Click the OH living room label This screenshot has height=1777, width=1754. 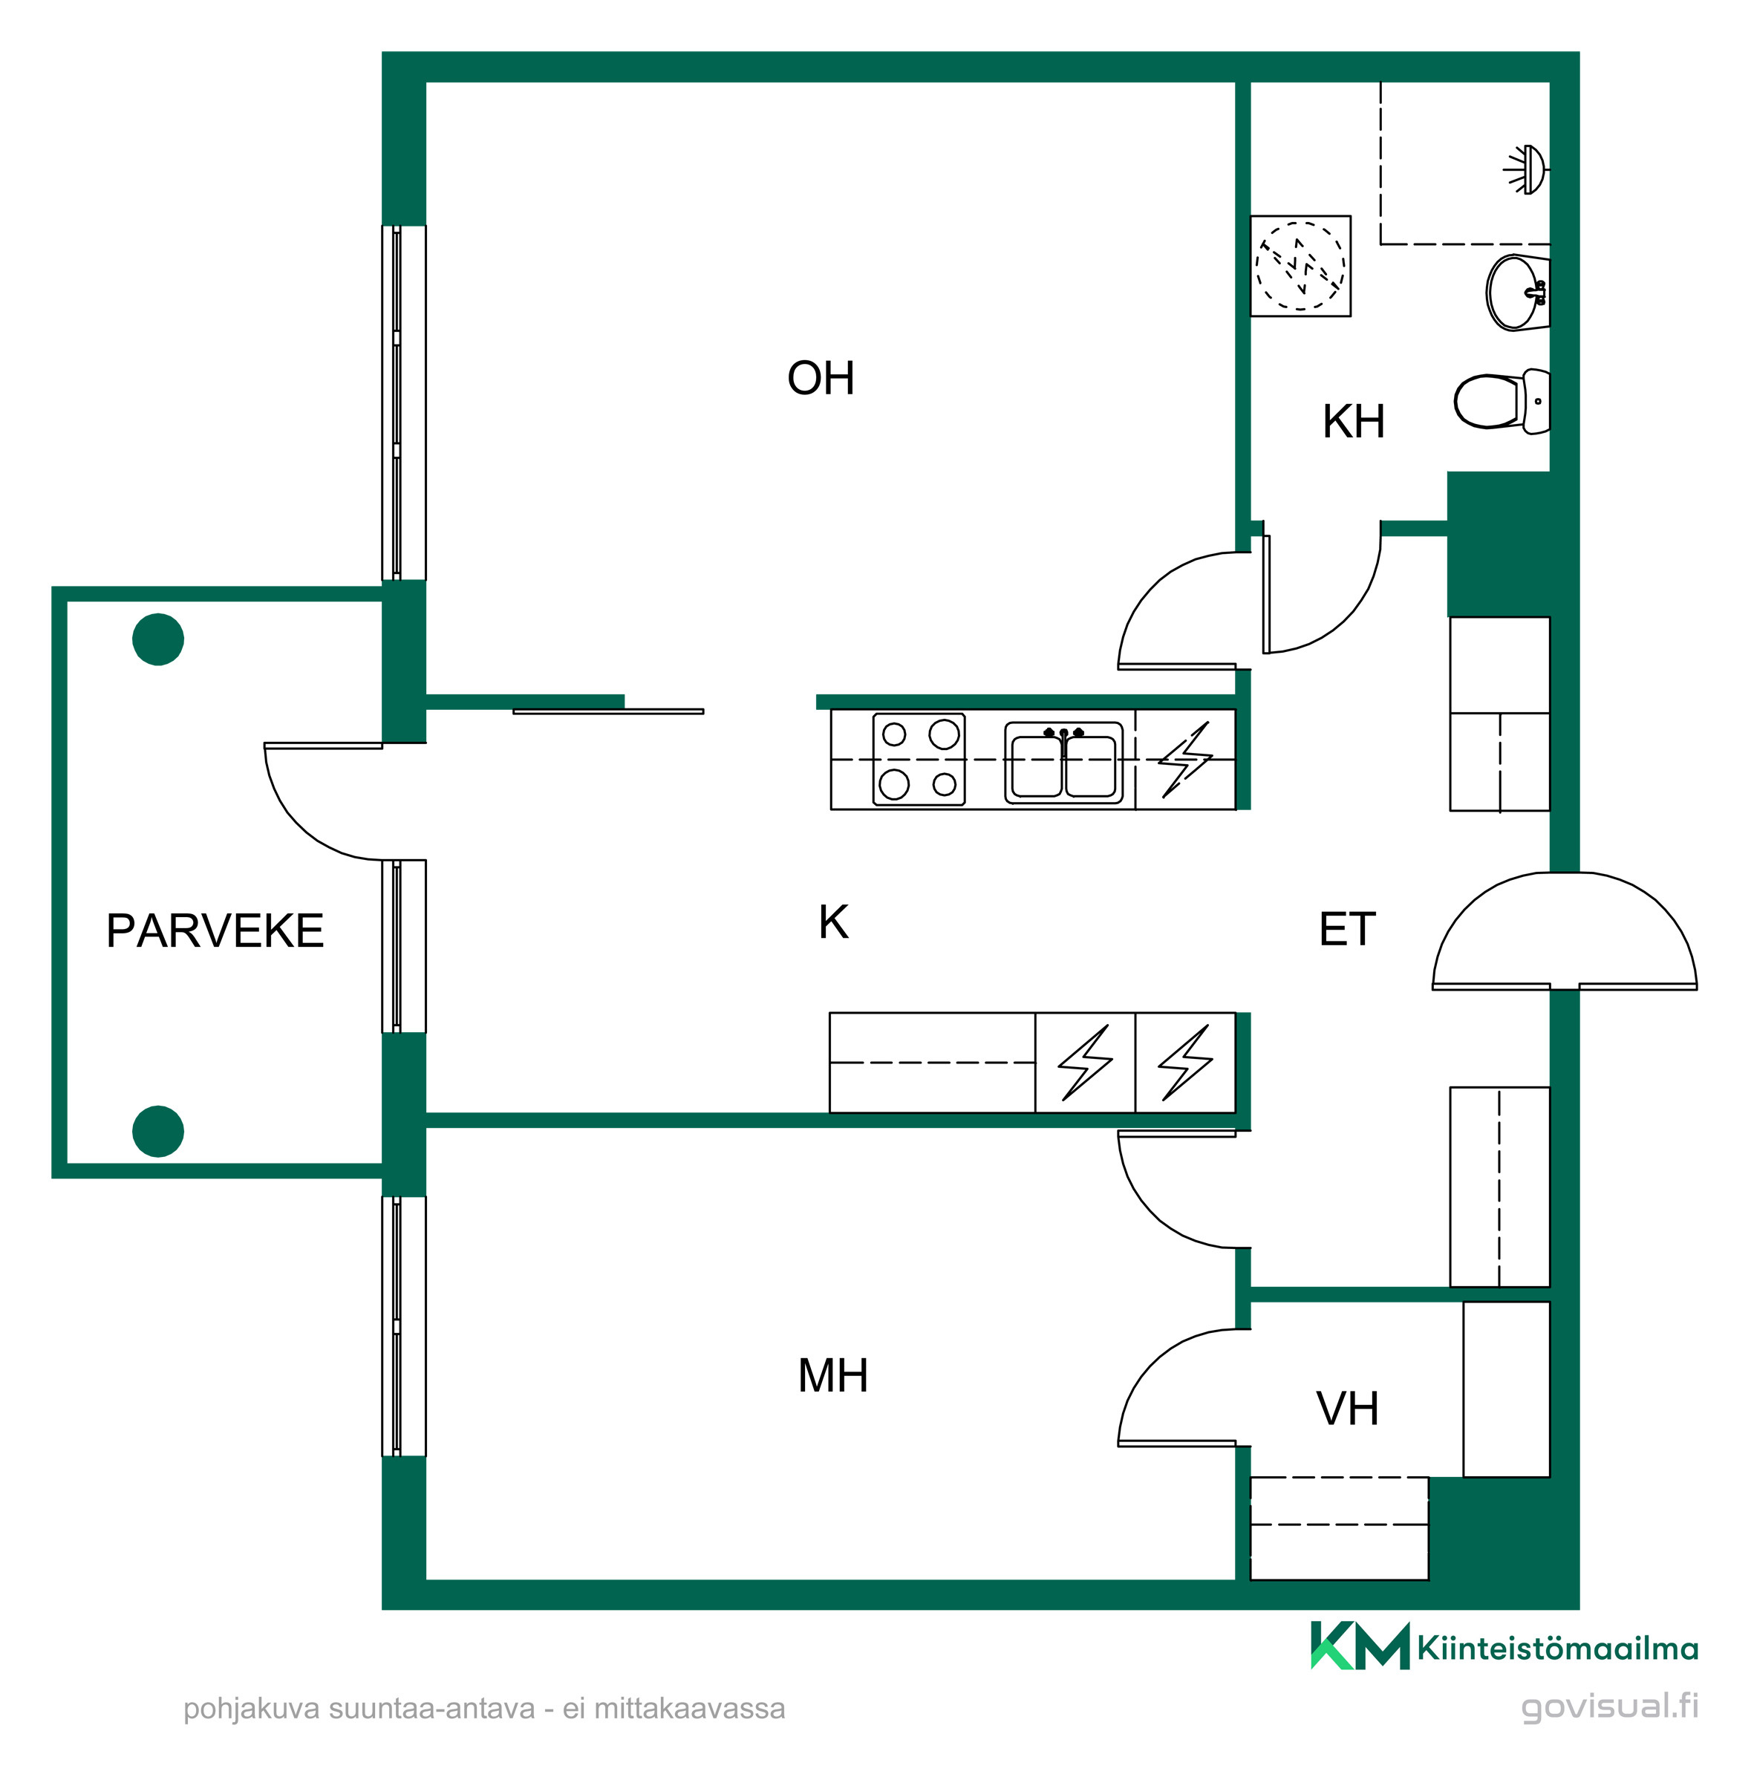pyautogui.click(x=820, y=378)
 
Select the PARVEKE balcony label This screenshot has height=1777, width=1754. pyautogui.click(x=215, y=930)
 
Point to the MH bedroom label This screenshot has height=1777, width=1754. pyautogui.click(x=832, y=1376)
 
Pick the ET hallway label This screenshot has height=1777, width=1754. pyautogui.click(x=1348, y=929)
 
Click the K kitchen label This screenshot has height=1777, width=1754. pyautogui.click(x=833, y=922)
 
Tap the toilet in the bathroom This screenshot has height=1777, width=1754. pyautogui.click(x=1501, y=400)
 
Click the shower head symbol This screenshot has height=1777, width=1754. pyautogui.click(x=1527, y=169)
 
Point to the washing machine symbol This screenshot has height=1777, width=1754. pyautogui.click(x=1300, y=266)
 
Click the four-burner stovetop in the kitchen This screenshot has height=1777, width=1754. pyautogui.click(x=918, y=759)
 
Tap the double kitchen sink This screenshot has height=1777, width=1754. pyautogui.click(x=1063, y=763)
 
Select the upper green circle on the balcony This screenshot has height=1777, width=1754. pyautogui.click(x=158, y=639)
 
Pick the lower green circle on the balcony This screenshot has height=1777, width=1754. pyautogui.click(x=158, y=1130)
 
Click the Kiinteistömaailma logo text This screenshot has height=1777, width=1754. pyautogui.click(x=1557, y=1647)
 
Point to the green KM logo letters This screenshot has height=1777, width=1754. pyautogui.click(x=1360, y=1646)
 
